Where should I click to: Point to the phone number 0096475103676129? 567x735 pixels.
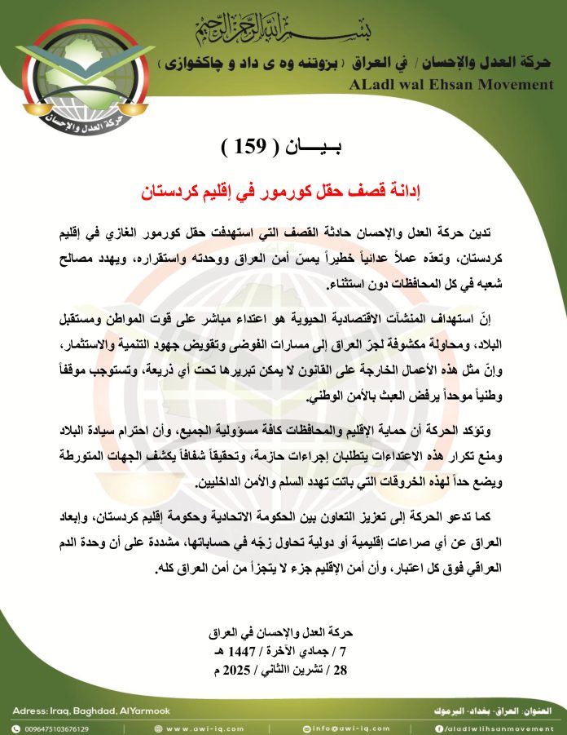pyautogui.click(x=56, y=728)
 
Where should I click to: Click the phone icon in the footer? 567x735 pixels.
pyautogui.click(x=15, y=728)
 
